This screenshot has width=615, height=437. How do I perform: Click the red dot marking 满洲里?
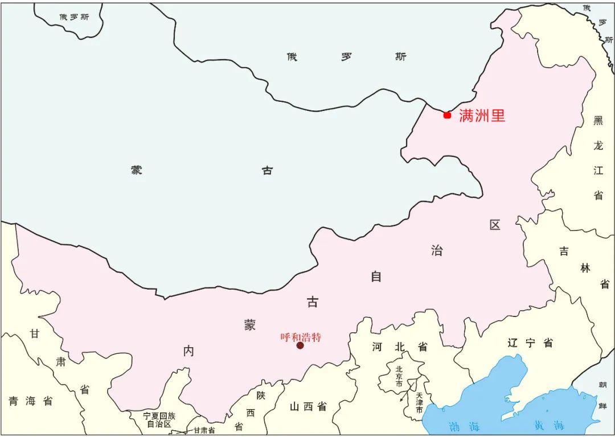447,115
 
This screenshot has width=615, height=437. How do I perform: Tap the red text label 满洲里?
482,116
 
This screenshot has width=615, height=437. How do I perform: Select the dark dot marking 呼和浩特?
300,345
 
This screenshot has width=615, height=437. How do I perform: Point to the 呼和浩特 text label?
301,337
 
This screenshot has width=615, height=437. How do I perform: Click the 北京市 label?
399,376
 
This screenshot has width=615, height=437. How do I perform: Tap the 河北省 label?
399,347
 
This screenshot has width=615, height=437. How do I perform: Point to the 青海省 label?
30,401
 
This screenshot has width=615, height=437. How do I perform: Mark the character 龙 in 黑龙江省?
598,146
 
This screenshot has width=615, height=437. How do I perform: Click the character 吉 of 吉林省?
564,252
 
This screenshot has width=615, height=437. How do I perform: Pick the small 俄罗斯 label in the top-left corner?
74,17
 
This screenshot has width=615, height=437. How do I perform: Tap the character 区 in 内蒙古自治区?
494,225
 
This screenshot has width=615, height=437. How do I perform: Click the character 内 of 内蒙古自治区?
188,351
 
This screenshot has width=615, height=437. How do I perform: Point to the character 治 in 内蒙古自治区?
436,250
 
